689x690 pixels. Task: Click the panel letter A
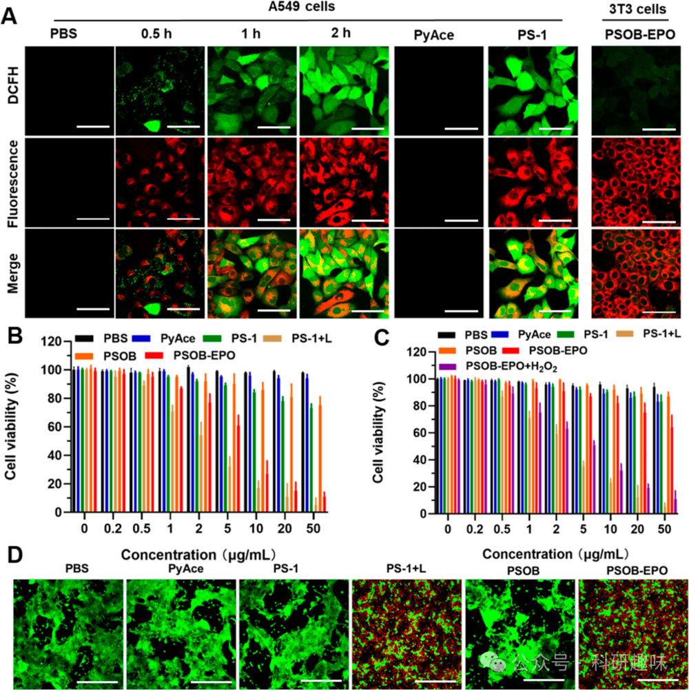10,15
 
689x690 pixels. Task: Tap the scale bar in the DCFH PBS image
92,127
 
